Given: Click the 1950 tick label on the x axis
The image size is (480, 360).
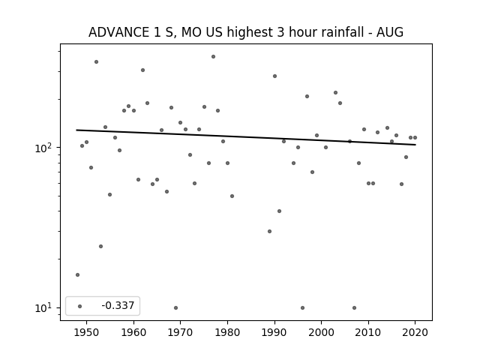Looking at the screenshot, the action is coord(87,332).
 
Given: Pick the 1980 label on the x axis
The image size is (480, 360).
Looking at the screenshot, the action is coord(227,332).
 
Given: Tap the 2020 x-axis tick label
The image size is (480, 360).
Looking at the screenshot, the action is coord(415,332).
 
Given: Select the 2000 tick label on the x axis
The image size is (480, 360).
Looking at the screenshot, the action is coord(322,332).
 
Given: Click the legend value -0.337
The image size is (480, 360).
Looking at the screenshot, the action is coord(118,305).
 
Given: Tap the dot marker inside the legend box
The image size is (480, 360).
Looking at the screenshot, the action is coord(80,306).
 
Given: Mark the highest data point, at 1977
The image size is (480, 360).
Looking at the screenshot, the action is coord(213,57).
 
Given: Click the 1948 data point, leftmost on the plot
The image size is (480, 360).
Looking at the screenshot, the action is coord(77,275).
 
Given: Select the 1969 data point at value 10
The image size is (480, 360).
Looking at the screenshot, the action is coord(175,307).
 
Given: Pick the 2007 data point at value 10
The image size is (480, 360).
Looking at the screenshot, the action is coord(354,307).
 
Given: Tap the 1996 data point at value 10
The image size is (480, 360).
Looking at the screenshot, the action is coord(302,307).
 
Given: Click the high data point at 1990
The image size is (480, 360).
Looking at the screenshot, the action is coord(274,76).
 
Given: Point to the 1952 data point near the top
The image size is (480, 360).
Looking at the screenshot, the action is coord(96,61).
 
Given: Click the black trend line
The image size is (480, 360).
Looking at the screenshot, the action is coord(246,137).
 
